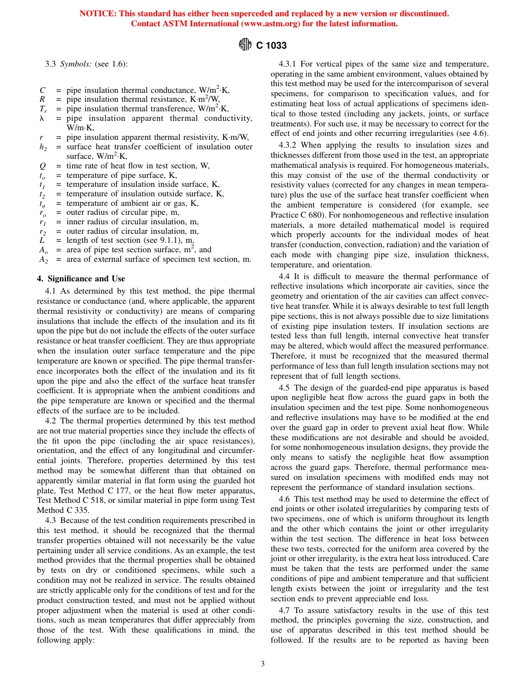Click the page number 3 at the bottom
coord(263,664)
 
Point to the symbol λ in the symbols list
coord(42,119)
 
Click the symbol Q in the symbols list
coord(42,166)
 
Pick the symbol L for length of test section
coord(42,240)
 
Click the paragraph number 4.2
coord(51,420)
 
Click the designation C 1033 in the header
coord(271,46)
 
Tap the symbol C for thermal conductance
coord(42,90)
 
